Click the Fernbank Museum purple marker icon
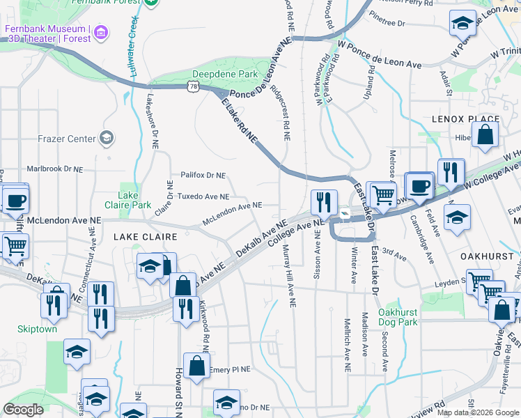pos(102,32)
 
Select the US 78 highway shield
pos(193,85)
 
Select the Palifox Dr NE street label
pos(203,175)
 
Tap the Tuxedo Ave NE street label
pos(203,196)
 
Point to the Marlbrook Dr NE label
pos(54,169)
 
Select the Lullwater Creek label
pos(132,35)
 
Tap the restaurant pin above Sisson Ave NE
pos(323,202)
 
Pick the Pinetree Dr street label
pos(388,23)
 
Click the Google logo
pos(23,410)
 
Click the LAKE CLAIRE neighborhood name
pos(145,238)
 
